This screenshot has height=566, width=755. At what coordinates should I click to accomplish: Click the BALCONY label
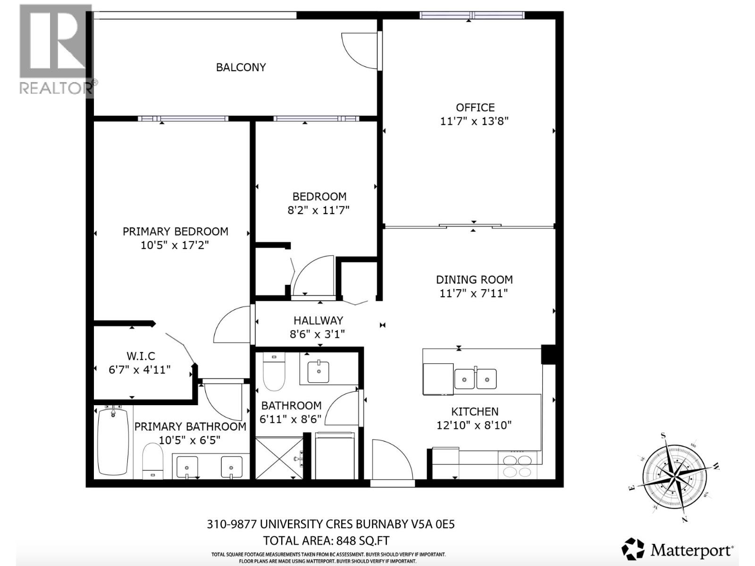tap(241, 67)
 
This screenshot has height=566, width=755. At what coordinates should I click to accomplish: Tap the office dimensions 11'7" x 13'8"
tap(474, 121)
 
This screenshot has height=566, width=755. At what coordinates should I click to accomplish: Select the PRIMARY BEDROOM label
tap(175, 232)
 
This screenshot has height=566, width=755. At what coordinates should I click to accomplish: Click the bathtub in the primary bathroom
tap(113, 441)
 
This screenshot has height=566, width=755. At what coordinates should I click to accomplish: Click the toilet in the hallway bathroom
tap(274, 372)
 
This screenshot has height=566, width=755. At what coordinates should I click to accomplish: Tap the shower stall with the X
tap(279, 458)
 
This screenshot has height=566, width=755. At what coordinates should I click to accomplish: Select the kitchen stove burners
tap(518, 466)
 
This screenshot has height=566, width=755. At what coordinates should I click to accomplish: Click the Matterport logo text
tap(692, 550)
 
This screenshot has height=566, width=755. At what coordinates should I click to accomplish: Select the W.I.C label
tap(141, 356)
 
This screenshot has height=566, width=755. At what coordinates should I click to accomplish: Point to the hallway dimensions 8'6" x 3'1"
tap(317, 334)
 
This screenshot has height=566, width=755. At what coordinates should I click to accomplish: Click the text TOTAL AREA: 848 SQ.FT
tap(326, 541)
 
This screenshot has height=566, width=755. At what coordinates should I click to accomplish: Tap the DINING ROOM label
tap(474, 280)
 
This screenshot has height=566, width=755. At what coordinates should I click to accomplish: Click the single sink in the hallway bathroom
tap(319, 372)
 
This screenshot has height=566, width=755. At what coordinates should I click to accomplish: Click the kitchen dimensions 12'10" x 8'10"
tap(474, 425)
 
